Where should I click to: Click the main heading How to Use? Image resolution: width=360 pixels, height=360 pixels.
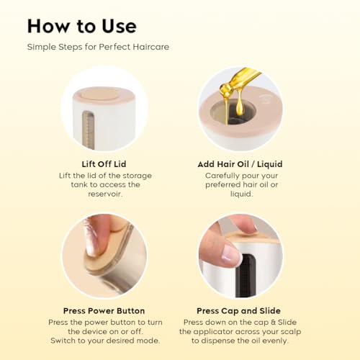pos(82,26)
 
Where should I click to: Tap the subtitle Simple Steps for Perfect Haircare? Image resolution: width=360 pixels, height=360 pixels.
pos(98,47)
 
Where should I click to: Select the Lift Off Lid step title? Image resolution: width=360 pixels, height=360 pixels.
pos(104,164)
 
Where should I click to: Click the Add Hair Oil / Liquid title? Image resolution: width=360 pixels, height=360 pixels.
pos(240,164)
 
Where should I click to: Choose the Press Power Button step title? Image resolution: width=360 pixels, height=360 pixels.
pos(104,311)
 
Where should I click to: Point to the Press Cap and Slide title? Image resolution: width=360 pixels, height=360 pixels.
pos(238,311)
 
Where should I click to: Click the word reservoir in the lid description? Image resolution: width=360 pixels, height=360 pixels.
pos(105,194)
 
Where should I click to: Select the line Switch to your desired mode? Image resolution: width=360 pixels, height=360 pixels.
pos(105,341)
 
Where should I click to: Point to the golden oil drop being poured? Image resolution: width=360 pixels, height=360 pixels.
pos(239,109)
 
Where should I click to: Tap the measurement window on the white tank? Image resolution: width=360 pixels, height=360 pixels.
pos(88,130)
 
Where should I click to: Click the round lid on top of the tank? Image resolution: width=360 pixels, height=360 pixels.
pos(99,94)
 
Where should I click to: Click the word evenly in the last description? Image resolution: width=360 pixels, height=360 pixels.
pos(276,341)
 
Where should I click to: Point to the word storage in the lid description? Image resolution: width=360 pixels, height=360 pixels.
pos(137,176)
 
